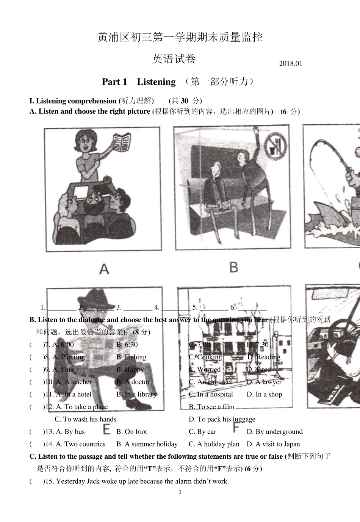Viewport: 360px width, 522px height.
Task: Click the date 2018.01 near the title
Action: (291, 64)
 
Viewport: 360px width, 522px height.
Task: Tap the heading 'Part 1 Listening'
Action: (139, 82)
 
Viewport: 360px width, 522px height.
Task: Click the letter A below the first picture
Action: (104, 269)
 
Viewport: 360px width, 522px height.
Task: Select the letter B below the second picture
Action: (233, 267)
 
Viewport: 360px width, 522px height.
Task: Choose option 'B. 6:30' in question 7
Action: (127, 345)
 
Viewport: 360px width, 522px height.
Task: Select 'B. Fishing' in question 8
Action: (131, 357)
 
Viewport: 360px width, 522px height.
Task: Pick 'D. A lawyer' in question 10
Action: (264, 382)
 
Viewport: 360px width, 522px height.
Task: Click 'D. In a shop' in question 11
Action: (264, 394)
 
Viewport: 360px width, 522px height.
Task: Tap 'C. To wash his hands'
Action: (85, 419)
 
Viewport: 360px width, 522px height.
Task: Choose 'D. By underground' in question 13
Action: (274, 432)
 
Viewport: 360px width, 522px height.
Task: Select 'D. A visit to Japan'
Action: (273, 444)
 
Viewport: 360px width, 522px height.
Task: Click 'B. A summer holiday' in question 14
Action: (147, 444)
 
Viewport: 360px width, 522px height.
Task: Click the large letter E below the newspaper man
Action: (107, 430)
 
